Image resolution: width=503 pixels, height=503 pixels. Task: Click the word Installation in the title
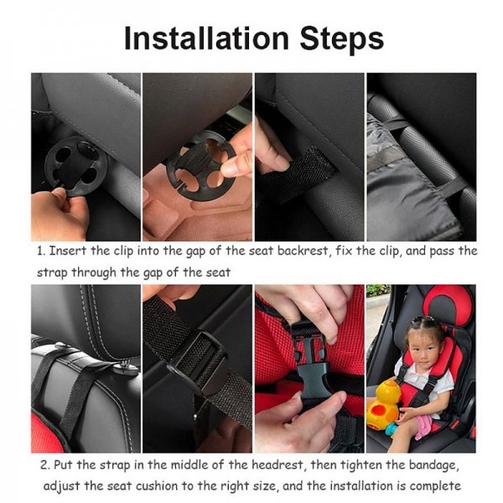click(206, 39)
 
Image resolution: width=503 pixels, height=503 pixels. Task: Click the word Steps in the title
click(342, 39)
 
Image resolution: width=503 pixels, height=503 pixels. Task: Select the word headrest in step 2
click(277, 464)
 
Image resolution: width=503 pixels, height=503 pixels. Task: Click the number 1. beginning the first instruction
click(41, 251)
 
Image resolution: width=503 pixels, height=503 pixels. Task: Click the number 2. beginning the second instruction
click(45, 464)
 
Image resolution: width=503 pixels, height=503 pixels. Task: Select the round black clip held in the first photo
click(76, 165)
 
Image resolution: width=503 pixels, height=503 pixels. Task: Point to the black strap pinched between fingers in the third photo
click(297, 174)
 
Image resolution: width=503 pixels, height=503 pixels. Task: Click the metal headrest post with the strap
click(126, 367)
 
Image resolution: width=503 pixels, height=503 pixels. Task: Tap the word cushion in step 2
click(157, 486)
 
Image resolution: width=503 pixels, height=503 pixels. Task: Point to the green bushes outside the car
click(379, 290)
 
